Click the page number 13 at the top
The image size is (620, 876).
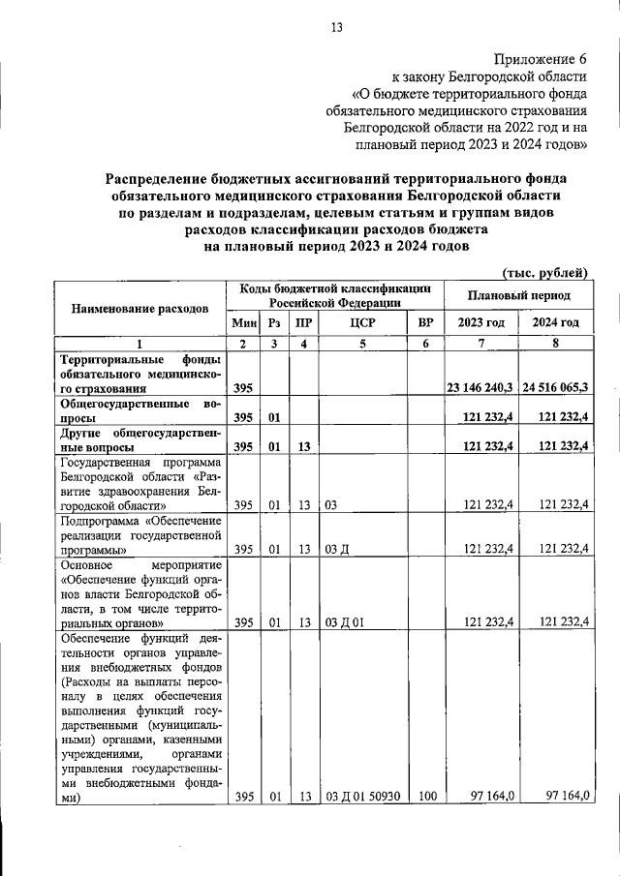pos(337,27)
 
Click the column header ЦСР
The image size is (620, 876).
pos(361,322)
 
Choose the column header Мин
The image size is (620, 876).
pos(242,322)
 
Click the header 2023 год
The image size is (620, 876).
pos(480,322)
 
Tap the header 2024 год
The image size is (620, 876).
pos(554,322)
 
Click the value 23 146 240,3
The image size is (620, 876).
pos(480,387)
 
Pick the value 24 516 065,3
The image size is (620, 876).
pos(554,387)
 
